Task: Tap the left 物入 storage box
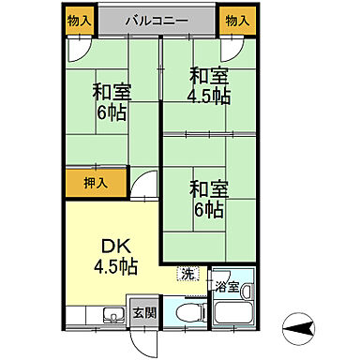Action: (80, 20)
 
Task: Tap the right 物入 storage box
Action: (237, 20)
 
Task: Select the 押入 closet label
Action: (83, 181)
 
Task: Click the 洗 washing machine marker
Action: (188, 275)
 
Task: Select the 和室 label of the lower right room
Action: (208, 187)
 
